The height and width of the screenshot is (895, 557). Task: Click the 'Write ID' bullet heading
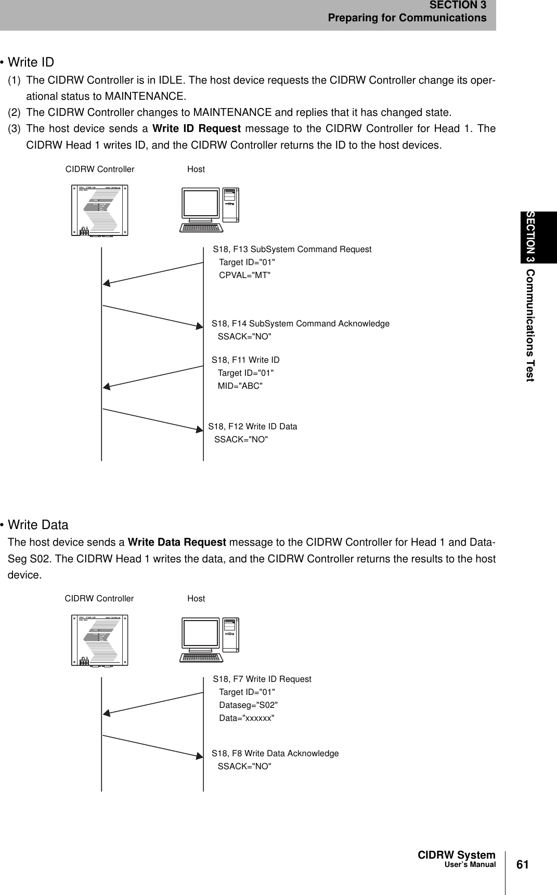coord(31,62)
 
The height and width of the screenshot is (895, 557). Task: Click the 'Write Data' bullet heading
coord(38,525)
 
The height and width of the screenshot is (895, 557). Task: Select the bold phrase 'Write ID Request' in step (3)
coord(197,128)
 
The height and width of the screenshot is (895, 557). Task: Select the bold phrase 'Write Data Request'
coord(177,543)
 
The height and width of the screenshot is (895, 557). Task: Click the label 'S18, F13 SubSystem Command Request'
coord(292,249)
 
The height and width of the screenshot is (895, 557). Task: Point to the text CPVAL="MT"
coord(245,275)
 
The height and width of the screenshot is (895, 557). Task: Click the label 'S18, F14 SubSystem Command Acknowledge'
coord(301,324)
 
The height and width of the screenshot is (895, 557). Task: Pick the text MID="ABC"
coord(240,386)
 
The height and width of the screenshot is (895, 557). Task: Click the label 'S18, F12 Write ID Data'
coord(253,427)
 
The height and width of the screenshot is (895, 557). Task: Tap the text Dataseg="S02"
coord(249,705)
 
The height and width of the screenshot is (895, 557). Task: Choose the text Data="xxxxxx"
coord(247,718)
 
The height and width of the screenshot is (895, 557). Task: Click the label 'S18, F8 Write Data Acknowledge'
coord(275,754)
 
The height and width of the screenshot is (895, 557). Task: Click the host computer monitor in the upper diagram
coord(200,203)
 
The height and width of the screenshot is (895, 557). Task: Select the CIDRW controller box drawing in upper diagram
coord(100,210)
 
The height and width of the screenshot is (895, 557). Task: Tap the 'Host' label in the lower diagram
coord(196,599)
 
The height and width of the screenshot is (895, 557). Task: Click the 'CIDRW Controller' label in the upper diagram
coord(100,169)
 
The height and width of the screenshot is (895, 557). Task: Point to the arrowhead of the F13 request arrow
coord(106,283)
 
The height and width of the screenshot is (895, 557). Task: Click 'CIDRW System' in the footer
coord(457,855)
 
